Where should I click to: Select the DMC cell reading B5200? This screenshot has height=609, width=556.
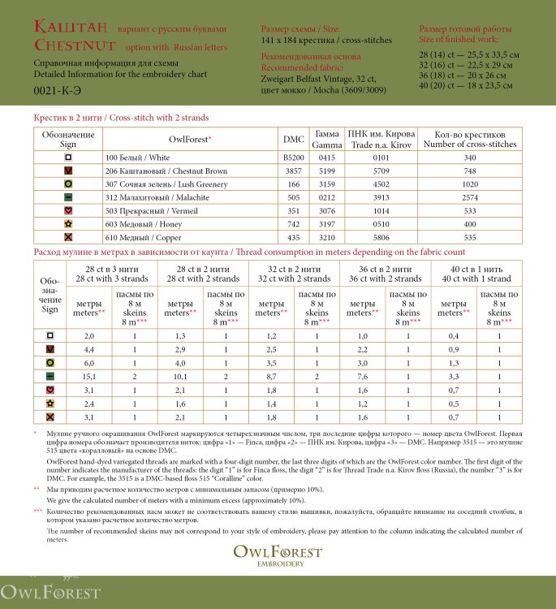(293, 158)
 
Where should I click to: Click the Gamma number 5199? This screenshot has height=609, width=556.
(327, 171)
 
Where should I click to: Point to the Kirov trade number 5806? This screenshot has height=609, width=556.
(381, 236)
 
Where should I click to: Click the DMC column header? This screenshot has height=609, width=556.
(293, 139)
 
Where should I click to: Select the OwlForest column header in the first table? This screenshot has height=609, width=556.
(191, 139)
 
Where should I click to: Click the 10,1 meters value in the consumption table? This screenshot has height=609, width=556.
(180, 376)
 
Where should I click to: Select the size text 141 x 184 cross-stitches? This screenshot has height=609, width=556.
(326, 40)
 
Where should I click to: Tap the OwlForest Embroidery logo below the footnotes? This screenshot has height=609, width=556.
(278, 555)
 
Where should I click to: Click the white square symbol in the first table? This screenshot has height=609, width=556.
(68, 158)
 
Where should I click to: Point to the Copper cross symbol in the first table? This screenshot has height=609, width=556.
(68, 236)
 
